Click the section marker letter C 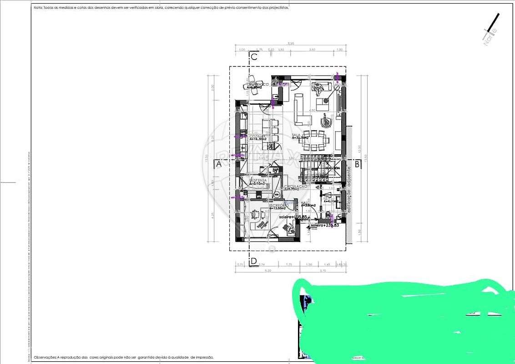[x=254, y=57]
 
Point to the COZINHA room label [x=257, y=136]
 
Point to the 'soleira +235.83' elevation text [x=324, y=225]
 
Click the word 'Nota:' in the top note [x=39, y=8]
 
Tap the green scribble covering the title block [x=400, y=318]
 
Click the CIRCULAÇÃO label [x=296, y=187]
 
